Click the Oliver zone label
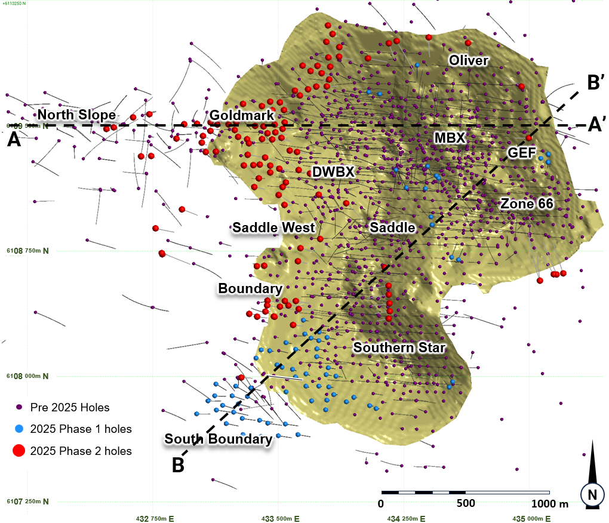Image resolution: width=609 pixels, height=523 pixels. point(469,60)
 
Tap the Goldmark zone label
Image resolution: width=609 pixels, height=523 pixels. point(242,115)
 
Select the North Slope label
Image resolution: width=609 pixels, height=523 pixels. point(77,115)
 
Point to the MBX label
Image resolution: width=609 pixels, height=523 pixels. point(450,138)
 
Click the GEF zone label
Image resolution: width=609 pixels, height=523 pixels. point(522,153)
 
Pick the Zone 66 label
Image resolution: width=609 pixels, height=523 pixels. point(527,204)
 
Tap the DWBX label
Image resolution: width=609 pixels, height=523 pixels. point(334,172)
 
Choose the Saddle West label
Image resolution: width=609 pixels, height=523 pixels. point(273,227)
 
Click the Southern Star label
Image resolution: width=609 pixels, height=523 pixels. point(399,347)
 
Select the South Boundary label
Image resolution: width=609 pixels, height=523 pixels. point(219,439)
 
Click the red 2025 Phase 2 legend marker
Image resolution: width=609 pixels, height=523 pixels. point(19,451)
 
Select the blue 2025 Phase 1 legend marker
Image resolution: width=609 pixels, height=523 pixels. point(19,429)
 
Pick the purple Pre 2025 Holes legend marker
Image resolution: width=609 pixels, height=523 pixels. point(19,408)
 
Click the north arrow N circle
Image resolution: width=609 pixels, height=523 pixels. point(592,494)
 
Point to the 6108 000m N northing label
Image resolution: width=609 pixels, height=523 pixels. point(29,376)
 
